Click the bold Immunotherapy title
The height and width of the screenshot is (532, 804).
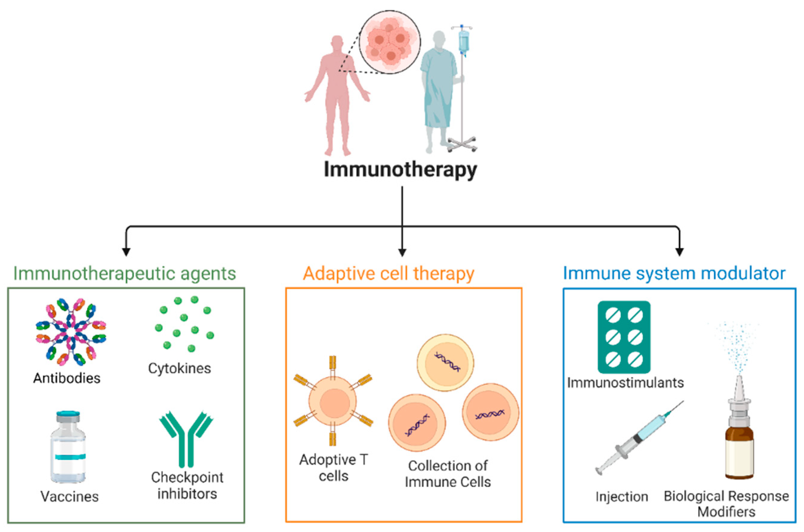400,169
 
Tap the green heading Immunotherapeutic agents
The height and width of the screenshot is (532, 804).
125,273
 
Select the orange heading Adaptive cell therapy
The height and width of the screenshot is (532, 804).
388,273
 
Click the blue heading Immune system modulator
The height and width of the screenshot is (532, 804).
674,273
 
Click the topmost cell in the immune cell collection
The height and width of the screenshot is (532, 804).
445,363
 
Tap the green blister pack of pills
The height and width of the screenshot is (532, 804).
624,337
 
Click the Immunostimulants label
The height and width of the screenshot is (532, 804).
625,383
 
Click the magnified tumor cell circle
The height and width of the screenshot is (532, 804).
390,42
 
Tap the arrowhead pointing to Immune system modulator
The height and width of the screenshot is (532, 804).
679,252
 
